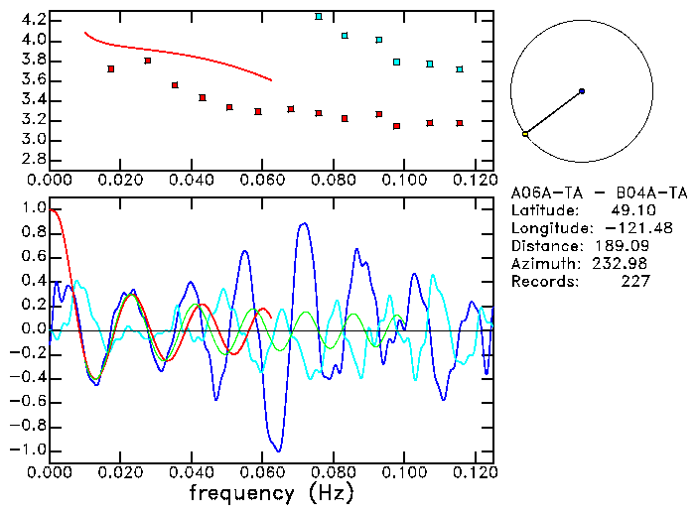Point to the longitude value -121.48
coord(624,228)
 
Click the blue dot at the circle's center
coord(582,91)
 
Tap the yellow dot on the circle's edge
coord(525,133)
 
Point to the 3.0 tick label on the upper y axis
coord(32,140)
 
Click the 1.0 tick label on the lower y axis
coord(32,209)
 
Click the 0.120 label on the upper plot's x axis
coord(475,180)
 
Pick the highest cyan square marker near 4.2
coord(319,17)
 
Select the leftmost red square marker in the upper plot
coord(111,69)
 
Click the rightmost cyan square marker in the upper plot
coord(460,69)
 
